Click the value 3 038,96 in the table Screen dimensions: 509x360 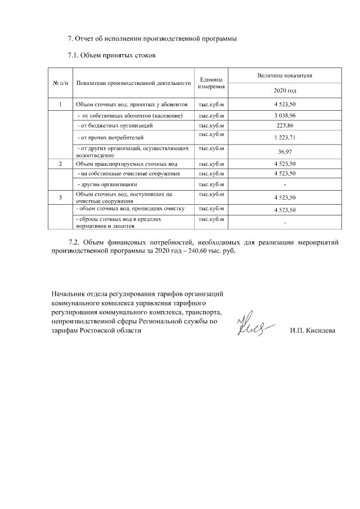[285, 115]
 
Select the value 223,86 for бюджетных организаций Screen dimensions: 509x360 [285, 125]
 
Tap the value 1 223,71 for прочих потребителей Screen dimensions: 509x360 [285, 138]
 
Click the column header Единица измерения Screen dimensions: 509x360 [211, 83]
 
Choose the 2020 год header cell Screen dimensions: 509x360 [285, 91]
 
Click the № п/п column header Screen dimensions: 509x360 [60, 83]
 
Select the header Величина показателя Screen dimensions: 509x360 [285, 75]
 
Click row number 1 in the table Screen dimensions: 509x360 [60, 105]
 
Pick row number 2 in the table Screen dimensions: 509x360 [60, 163]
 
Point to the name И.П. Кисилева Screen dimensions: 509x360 [313, 330]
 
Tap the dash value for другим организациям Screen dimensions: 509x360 [285, 184]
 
